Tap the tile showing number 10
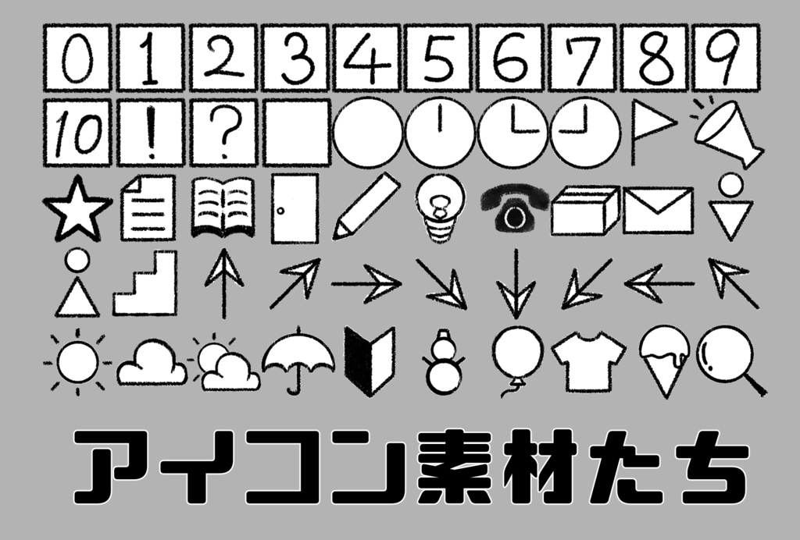77,133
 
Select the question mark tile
223,133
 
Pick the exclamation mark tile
151,133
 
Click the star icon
77,209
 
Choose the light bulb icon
441,208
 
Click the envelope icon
658,210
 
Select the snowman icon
443,363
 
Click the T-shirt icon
588,363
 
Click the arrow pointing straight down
516,283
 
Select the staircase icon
145,282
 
